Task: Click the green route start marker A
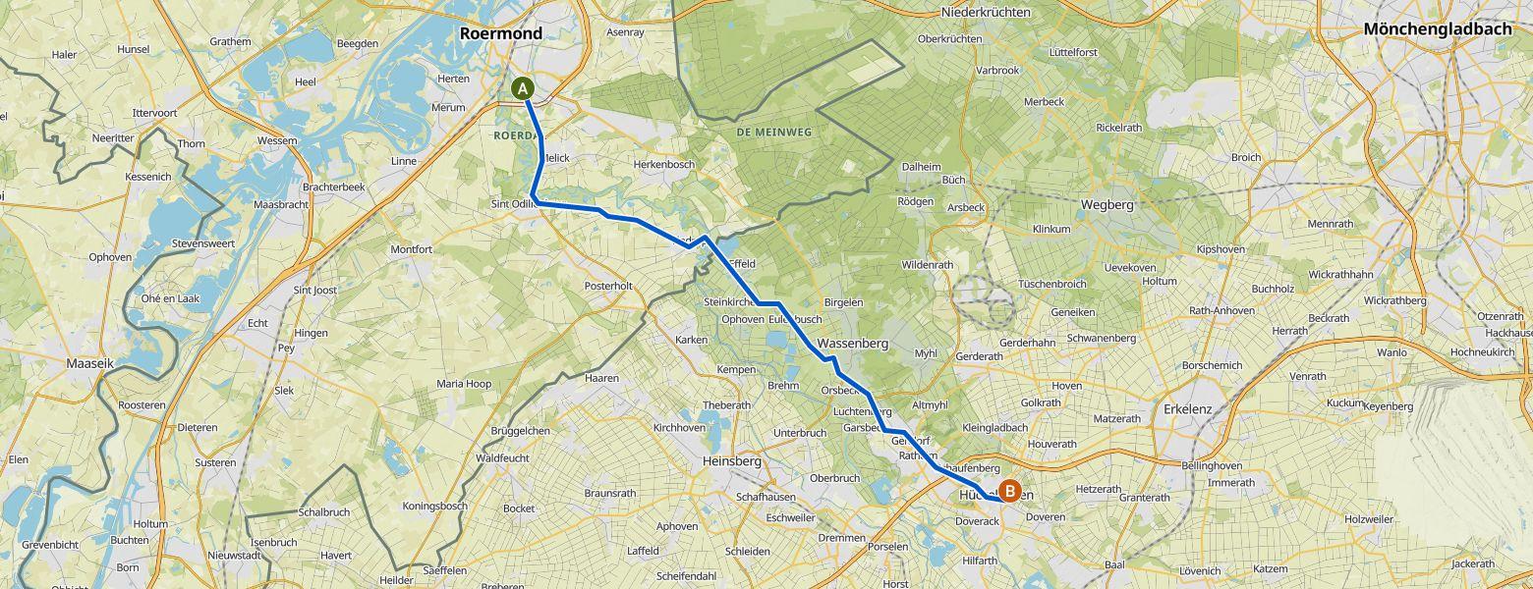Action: click(524, 88)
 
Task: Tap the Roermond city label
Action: click(501, 33)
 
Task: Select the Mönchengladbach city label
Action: click(1437, 29)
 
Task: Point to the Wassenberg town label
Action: click(852, 344)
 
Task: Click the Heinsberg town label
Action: click(733, 460)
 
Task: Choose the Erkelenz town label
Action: click(1190, 408)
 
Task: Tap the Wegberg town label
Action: click(1107, 205)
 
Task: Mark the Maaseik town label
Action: click(91, 363)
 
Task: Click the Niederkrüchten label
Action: click(986, 12)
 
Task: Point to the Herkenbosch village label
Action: click(664, 164)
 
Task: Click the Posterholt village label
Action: click(607, 286)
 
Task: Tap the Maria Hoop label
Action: click(464, 384)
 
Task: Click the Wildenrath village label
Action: click(927, 265)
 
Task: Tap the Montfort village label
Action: click(411, 249)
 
